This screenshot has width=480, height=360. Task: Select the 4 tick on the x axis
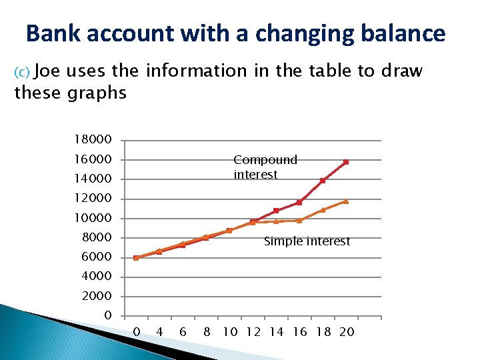pos(159,331)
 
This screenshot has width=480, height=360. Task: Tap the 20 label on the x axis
pos(347,331)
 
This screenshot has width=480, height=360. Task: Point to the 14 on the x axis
pos(277,331)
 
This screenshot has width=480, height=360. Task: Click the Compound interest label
pos(265,167)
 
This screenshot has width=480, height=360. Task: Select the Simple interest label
pos(307,241)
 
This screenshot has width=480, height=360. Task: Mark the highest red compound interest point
pos(346,162)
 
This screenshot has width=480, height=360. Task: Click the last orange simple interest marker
pos(346,201)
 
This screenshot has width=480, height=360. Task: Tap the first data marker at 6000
pos(136,257)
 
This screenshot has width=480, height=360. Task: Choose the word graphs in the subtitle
pos(97,93)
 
